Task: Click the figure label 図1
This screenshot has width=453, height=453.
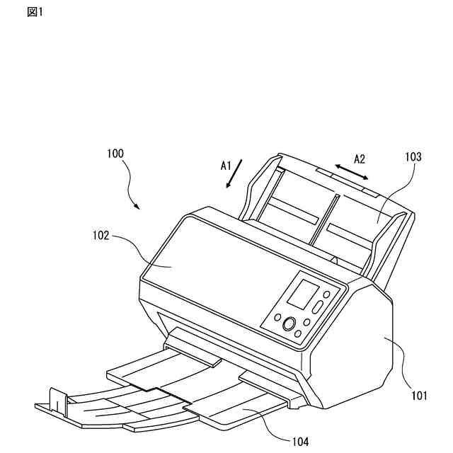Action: coord(35,13)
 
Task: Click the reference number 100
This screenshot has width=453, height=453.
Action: coord(115,153)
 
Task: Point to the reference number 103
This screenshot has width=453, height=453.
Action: coord(413,158)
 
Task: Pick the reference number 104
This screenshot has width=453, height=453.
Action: coord(300,442)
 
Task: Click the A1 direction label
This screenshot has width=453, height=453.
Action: coord(226,165)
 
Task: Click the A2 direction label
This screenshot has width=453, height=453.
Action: coord(360,159)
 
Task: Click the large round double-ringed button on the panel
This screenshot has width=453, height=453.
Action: coord(289,324)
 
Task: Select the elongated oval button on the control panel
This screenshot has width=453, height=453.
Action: coord(318,308)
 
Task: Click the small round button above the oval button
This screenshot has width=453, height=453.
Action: coord(326,294)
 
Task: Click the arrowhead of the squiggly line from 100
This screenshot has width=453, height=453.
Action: coord(138,207)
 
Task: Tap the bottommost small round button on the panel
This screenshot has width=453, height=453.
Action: coord(299,333)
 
